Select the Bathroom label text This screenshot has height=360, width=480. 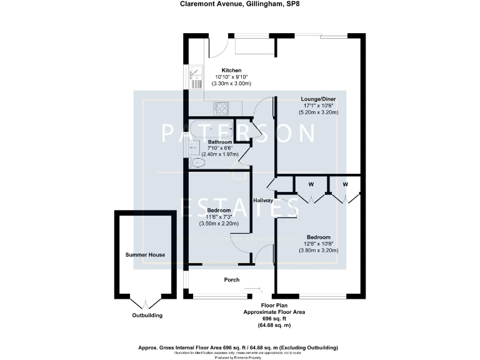[x=221, y=142]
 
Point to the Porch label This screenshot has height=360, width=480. [x=232, y=279]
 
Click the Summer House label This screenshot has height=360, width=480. [x=144, y=255]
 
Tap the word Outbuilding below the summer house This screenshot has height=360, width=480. [x=147, y=316]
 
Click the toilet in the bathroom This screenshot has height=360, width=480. [x=197, y=163]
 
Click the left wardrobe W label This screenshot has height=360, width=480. [x=311, y=184]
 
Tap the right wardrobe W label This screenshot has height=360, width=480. [x=345, y=184]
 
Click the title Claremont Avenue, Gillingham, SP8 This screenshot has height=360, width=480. [x=240, y=6]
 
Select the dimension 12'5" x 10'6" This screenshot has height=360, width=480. [x=319, y=243]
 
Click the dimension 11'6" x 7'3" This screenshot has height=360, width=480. [x=219, y=216]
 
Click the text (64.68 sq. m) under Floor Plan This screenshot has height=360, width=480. [x=274, y=326]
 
